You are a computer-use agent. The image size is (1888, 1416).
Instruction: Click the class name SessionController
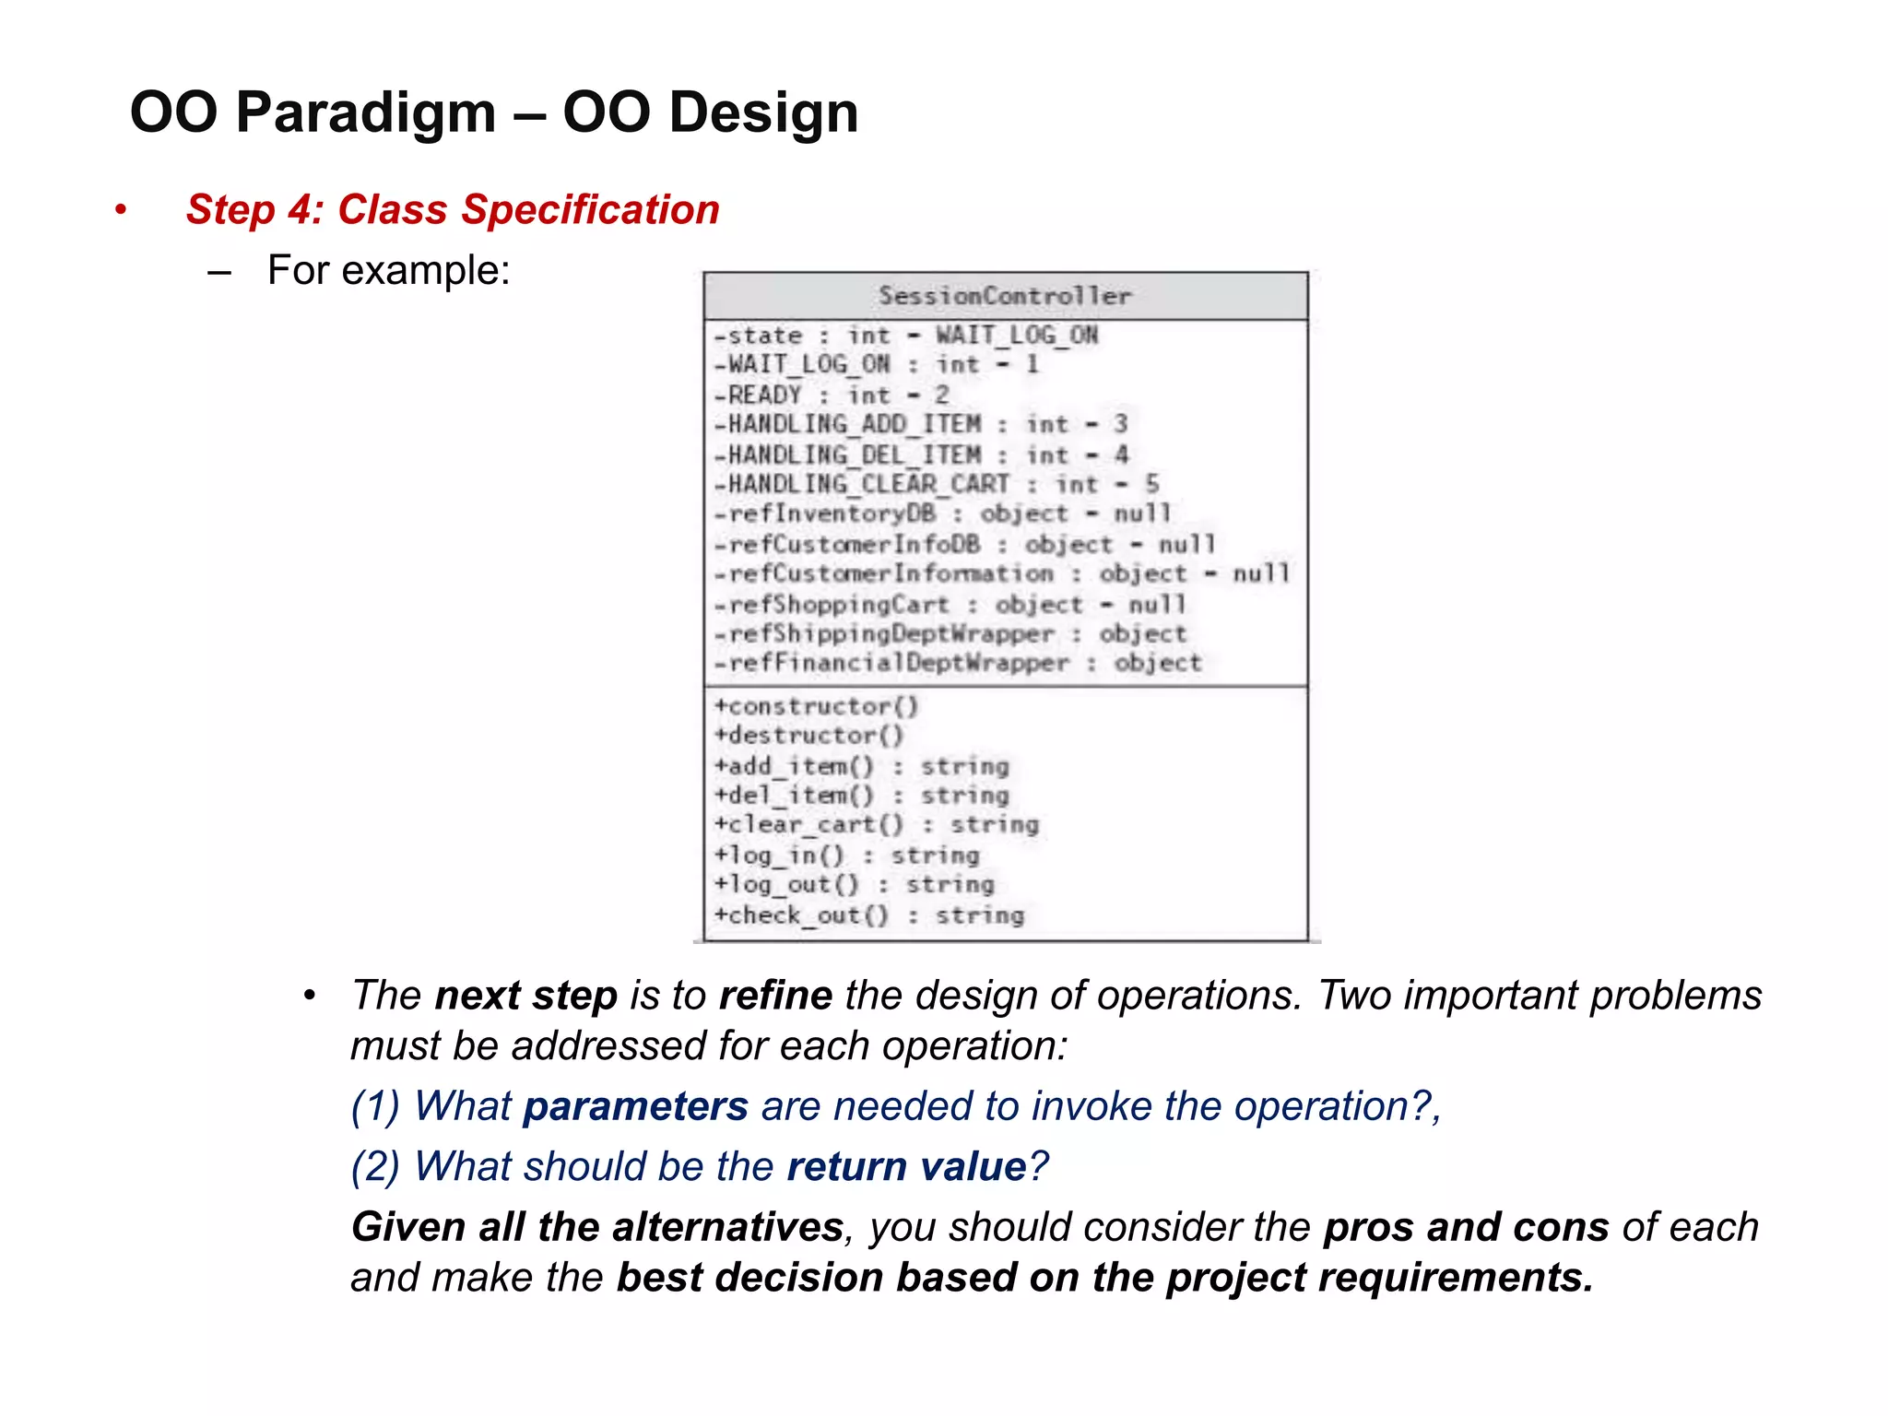click(x=1004, y=296)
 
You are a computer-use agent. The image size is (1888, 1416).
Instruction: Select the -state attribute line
click(x=905, y=336)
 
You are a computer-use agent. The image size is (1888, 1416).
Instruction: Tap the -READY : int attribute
click(x=831, y=395)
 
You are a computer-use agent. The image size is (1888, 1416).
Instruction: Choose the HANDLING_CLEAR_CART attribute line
click(x=935, y=485)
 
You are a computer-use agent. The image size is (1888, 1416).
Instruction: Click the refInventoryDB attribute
click(x=941, y=514)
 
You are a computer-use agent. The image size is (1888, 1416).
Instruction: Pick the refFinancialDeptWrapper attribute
click(x=957, y=664)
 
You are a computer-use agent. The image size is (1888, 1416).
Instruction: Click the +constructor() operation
click(x=816, y=707)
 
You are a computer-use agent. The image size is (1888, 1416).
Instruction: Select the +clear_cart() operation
click(x=876, y=825)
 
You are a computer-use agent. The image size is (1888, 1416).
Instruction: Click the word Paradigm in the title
click(x=366, y=112)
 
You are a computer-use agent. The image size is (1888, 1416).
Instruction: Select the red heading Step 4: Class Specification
click(x=452, y=210)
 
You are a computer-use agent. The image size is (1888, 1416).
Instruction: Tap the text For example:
click(x=388, y=271)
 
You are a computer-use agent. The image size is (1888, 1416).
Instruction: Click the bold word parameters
click(x=635, y=1106)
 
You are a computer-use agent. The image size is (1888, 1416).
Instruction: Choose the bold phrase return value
click(x=906, y=1167)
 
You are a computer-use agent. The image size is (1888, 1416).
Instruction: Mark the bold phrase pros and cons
click(x=1466, y=1228)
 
